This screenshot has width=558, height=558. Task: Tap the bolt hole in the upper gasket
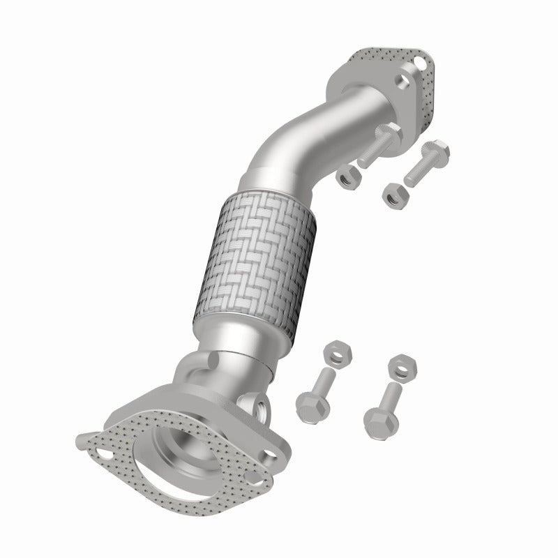pyautogui.click(x=423, y=63)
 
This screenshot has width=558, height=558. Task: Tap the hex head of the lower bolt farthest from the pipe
pyautogui.click(x=377, y=419)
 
